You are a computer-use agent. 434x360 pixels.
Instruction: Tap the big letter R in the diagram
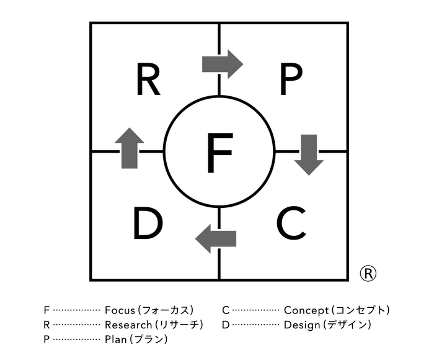[x=148, y=81]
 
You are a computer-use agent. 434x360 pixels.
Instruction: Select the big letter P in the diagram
[x=290, y=81]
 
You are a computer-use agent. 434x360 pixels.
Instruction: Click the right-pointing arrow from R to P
[x=222, y=63]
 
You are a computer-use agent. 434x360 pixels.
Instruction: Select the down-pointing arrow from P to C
[x=309, y=154]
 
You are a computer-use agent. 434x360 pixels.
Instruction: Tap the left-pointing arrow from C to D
[x=216, y=238]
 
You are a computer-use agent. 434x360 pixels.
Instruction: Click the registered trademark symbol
[x=368, y=272]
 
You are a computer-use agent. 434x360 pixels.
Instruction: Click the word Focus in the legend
[x=120, y=310]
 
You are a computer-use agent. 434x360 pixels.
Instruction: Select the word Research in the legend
[x=127, y=325]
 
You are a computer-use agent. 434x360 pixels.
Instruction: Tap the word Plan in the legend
[x=115, y=340]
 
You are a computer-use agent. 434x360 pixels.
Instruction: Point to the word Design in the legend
[x=301, y=325]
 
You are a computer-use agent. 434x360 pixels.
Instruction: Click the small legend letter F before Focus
[x=46, y=310]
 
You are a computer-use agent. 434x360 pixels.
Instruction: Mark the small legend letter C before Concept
[x=226, y=310]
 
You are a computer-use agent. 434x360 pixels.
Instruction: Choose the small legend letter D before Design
[x=226, y=325]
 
